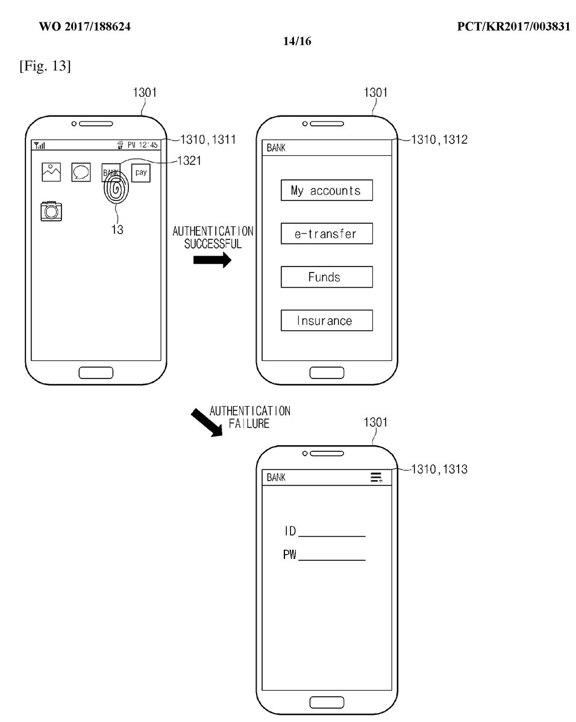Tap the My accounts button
pyautogui.click(x=327, y=190)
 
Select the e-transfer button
pyautogui.click(x=327, y=233)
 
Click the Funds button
pyautogui.click(x=327, y=277)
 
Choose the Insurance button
pyautogui.click(x=327, y=320)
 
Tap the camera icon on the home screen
pyautogui.click(x=52, y=211)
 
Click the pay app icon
pyautogui.click(x=140, y=173)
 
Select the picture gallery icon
pyautogui.click(x=51, y=172)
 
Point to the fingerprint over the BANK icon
pyautogui.click(x=116, y=189)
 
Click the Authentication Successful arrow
pyautogui.click(x=213, y=260)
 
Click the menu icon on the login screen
pyautogui.click(x=377, y=478)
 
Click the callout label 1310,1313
pyautogui.click(x=439, y=469)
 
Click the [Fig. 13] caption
pyautogui.click(x=45, y=66)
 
